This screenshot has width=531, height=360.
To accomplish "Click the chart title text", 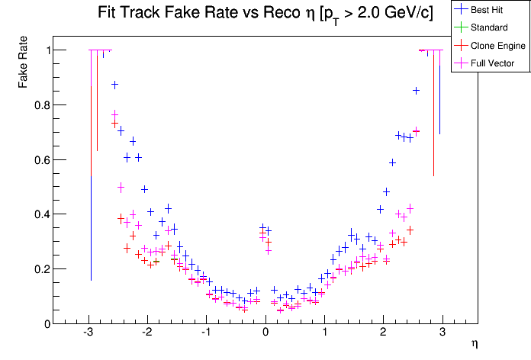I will (265, 14).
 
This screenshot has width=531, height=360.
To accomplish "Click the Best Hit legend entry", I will (493, 9).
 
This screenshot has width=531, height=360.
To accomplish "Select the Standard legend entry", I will (492, 27).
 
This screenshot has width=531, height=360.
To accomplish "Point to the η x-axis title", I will (475, 345).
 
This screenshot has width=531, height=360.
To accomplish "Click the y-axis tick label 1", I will (43, 50).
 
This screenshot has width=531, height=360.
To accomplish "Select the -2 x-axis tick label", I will (146, 333).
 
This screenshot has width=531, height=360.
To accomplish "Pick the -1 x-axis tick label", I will (205, 333).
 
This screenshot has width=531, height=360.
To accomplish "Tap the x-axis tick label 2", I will (384, 333).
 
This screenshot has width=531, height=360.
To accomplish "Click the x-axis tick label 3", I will (443, 333).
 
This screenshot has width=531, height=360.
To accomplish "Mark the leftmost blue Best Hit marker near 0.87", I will (114, 85).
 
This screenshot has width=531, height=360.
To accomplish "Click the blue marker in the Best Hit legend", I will (462, 9).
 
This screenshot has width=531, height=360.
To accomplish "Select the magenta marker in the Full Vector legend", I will (462, 63).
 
